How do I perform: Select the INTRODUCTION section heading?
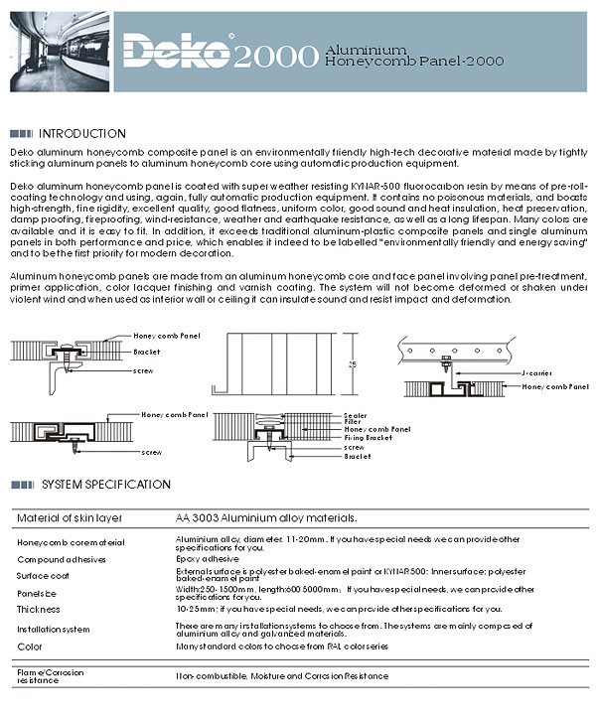pyautogui.click(x=81, y=133)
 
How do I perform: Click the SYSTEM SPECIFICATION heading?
pyautogui.click(x=106, y=485)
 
